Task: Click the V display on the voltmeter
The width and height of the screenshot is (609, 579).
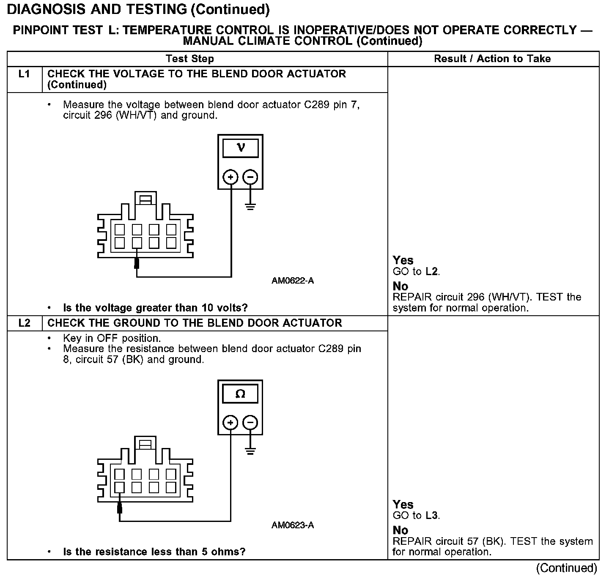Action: [241, 147]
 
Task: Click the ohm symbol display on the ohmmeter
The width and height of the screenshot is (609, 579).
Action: [240, 394]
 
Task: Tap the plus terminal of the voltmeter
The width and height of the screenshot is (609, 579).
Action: [230, 177]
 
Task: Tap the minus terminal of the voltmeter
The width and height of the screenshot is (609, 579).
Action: [250, 177]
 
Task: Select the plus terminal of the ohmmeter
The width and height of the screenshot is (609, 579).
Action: [230, 422]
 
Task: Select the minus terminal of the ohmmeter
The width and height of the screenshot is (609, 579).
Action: [250, 422]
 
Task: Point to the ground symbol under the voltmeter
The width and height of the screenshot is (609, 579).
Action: [250, 207]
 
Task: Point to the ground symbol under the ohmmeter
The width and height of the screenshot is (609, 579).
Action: [250, 451]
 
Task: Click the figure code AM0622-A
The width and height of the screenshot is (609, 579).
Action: [293, 281]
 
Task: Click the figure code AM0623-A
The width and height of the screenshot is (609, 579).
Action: [293, 525]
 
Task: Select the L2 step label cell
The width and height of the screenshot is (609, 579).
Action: [25, 323]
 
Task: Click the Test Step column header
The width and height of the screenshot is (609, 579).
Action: [190, 59]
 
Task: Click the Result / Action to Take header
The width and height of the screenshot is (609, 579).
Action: [492, 59]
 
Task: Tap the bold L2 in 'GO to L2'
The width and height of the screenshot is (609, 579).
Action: [431, 271]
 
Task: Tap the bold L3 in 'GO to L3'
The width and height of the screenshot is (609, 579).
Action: [431, 516]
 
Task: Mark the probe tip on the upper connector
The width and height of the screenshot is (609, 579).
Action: [137, 263]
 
